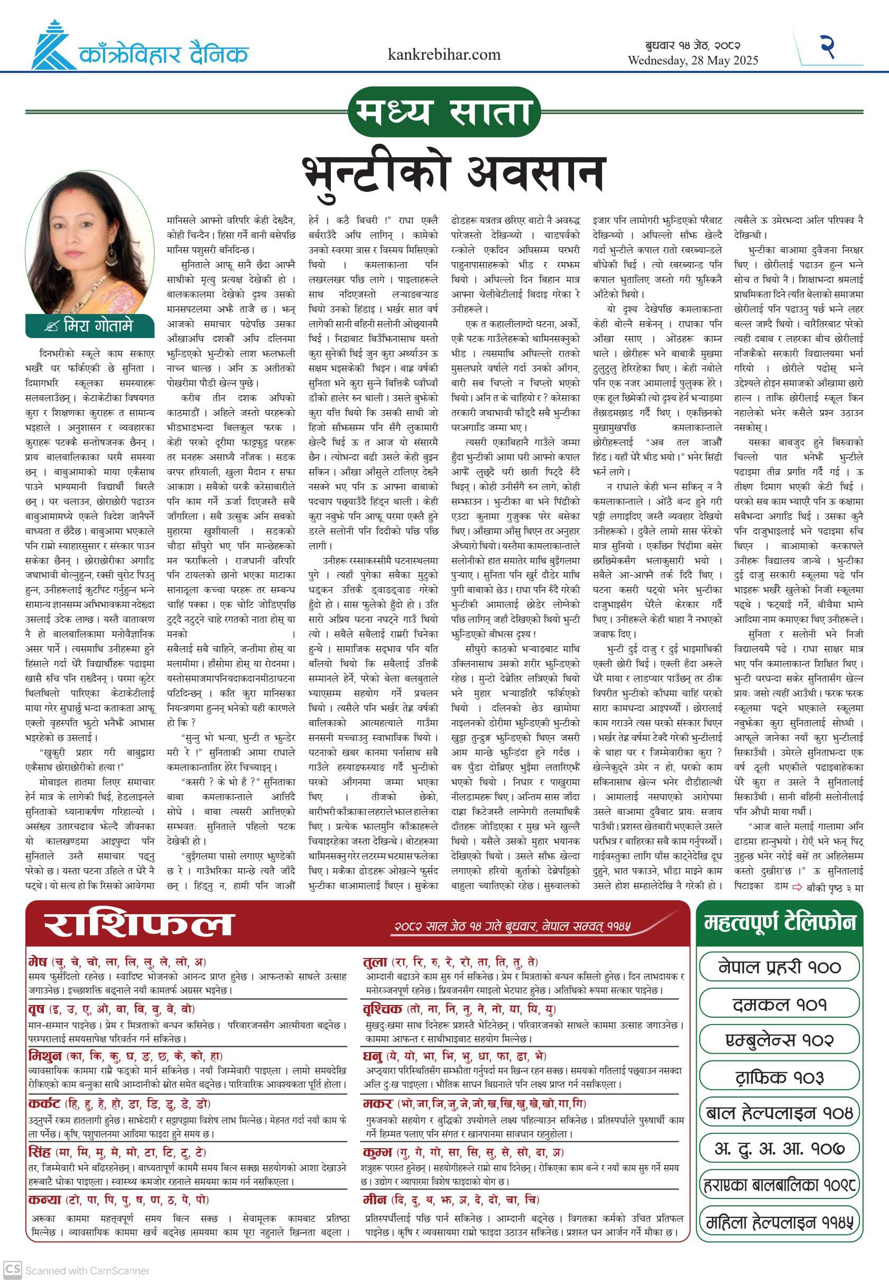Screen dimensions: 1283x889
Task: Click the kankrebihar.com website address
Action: pyautogui.click(x=444, y=54)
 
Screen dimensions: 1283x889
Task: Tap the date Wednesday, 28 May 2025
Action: pyautogui.click(x=692, y=61)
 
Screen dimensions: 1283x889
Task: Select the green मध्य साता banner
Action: pyautogui.click(x=444, y=112)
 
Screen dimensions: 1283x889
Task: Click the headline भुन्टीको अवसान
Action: pyautogui.click(x=453, y=173)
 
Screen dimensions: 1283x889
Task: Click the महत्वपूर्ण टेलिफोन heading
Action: pyautogui.click(x=779, y=923)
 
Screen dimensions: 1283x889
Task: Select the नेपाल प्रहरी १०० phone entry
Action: pyautogui.click(x=779, y=967)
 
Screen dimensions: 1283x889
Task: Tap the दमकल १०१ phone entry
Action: pyautogui.click(x=779, y=1005)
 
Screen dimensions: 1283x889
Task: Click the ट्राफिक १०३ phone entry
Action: pyautogui.click(x=779, y=1077)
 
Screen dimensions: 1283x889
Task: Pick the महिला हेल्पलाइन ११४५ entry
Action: pyautogui.click(x=779, y=1223)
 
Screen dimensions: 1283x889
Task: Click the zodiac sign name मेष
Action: pyautogui.click(x=38, y=962)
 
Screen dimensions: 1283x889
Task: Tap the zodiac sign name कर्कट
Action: pyautogui.click(x=44, y=1104)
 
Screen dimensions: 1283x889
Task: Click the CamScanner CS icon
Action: pyautogui.click(x=12, y=1270)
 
